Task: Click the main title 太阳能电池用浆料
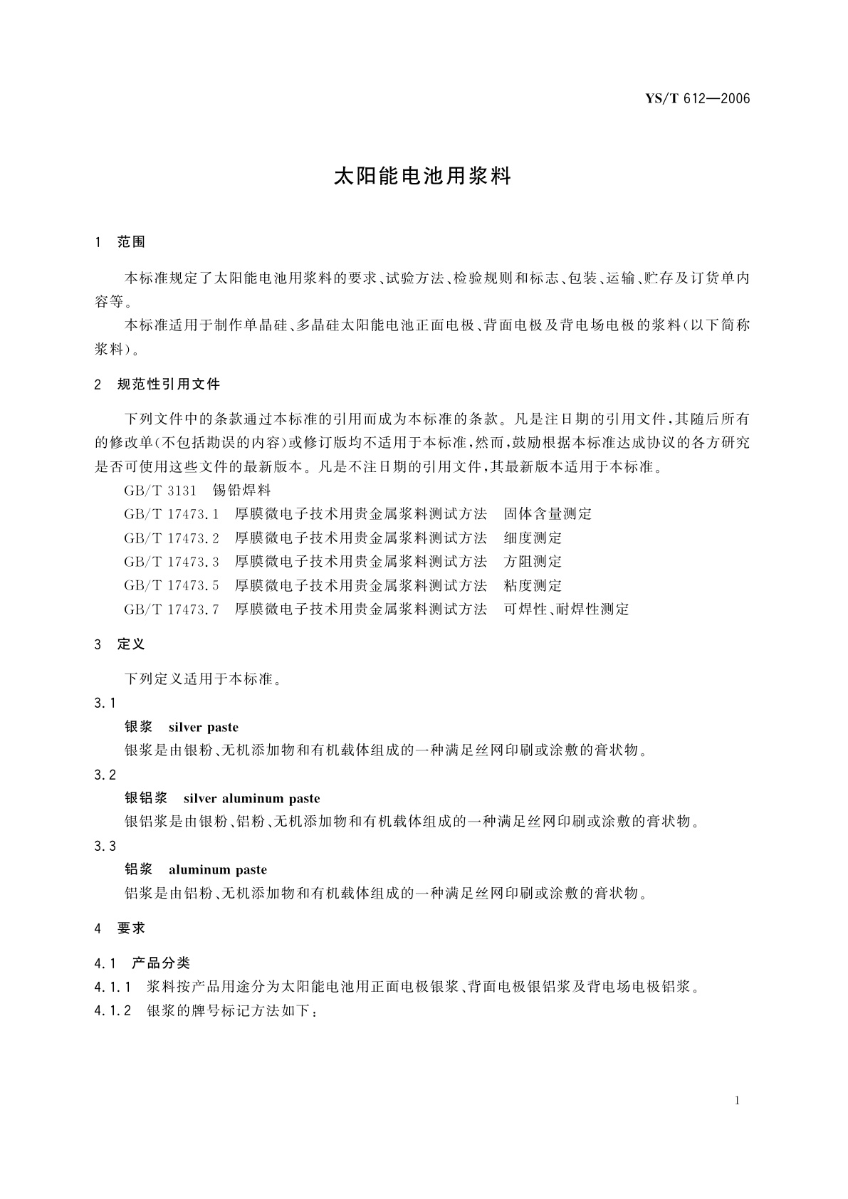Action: tap(423, 177)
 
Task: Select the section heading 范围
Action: tap(131, 242)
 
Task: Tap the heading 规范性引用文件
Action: tap(169, 384)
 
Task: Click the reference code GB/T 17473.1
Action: tap(172, 514)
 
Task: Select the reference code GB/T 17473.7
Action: tap(172, 609)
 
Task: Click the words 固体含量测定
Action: tap(548, 514)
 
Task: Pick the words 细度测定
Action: tap(533, 538)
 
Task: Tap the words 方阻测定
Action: tap(533, 562)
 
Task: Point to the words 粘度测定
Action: tap(533, 586)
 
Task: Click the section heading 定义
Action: tap(131, 644)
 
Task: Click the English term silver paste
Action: tap(204, 728)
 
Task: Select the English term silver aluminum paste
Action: tap(251, 799)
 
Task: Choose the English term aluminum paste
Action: tap(218, 870)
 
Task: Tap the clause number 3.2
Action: tap(105, 775)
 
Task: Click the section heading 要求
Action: tap(131, 928)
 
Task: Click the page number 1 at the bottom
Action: tap(737, 1101)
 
